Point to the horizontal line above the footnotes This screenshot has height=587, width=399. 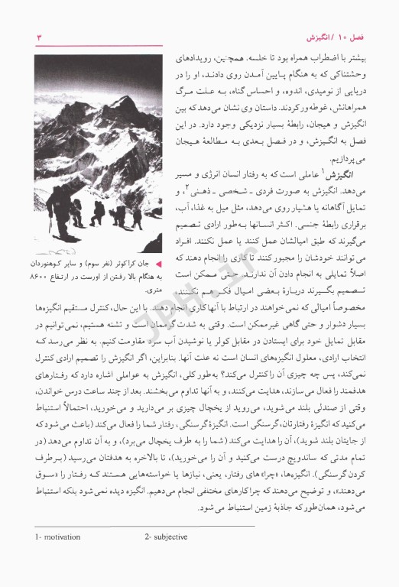point(144,548)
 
